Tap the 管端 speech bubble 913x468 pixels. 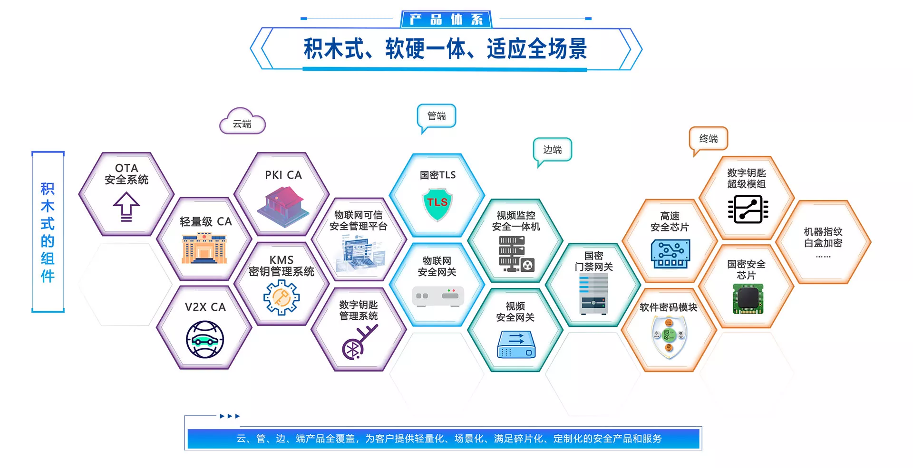[x=437, y=116]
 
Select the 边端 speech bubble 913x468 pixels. [x=552, y=150]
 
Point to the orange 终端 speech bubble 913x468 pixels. [x=709, y=139]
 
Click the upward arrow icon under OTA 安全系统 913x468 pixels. [x=126, y=207]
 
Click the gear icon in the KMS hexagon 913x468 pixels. [x=282, y=297]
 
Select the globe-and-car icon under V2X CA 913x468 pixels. [x=205, y=339]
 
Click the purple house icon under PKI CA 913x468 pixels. [x=284, y=207]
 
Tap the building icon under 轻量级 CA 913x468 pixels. [x=204, y=248]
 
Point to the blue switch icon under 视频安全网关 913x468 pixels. [x=516, y=344]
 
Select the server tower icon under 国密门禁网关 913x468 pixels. [x=593, y=294]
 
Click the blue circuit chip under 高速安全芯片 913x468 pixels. [x=670, y=254]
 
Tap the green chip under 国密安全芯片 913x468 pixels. [x=748, y=299]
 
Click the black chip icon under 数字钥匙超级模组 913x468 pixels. [x=748, y=209]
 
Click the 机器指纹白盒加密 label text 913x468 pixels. [x=823, y=237]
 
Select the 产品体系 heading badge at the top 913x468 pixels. [x=446, y=19]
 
